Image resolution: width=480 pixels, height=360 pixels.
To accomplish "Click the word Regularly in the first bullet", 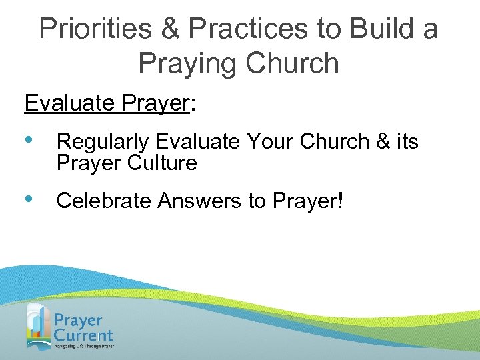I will click(103, 141).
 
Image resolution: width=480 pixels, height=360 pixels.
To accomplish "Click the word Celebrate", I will click(103, 201).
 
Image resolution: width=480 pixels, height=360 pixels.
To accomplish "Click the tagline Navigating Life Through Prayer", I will click(84, 347).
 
